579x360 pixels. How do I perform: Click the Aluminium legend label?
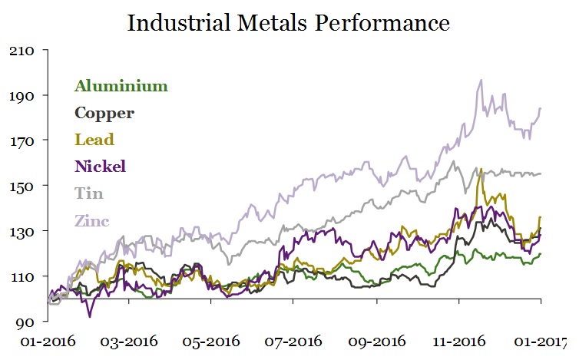121,86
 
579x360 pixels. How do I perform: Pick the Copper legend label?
104,113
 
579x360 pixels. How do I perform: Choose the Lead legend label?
94,140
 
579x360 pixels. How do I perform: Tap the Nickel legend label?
100,166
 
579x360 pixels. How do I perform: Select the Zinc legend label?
92,221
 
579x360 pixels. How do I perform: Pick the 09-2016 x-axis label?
377,342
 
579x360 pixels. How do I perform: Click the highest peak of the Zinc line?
481,80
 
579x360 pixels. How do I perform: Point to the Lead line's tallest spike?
480,169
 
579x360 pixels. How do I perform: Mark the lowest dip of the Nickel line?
90,315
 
